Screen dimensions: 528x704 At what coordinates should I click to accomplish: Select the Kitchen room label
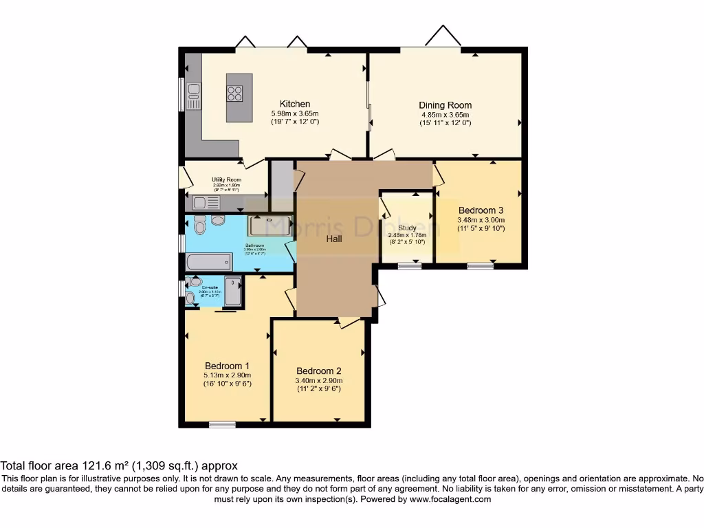[x=294, y=104]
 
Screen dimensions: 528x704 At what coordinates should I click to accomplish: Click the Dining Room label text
[x=445, y=105]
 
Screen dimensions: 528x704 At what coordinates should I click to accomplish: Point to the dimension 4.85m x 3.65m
[x=445, y=115]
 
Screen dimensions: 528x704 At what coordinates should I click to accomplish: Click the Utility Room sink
[x=206, y=202]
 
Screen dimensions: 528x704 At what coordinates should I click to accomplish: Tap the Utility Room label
[x=226, y=180]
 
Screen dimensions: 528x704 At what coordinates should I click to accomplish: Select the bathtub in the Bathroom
[x=208, y=261]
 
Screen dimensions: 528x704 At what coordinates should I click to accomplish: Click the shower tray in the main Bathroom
[x=269, y=225]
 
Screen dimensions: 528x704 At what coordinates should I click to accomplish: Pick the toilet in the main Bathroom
[x=199, y=225]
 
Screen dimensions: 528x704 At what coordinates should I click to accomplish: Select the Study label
[x=406, y=228]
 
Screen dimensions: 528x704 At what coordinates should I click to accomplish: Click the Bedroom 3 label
[x=481, y=210]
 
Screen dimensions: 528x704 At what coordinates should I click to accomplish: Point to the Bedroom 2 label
[x=319, y=371]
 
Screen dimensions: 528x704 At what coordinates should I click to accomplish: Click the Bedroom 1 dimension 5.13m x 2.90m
[x=227, y=375]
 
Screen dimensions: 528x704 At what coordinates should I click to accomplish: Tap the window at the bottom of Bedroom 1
[x=222, y=424]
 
